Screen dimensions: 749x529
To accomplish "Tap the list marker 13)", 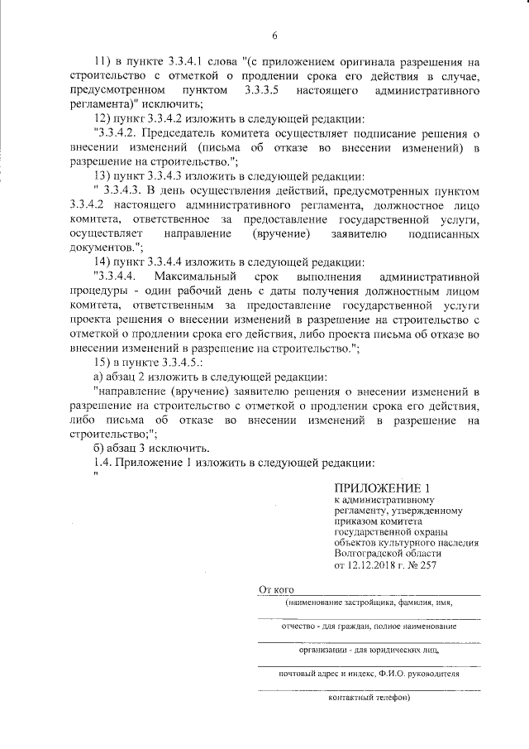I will point(105,175).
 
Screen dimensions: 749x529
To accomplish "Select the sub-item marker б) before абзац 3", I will point(100,447).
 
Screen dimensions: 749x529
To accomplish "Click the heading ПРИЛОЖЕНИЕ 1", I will point(382,487).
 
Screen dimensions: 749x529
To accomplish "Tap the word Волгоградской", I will point(371,555).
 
